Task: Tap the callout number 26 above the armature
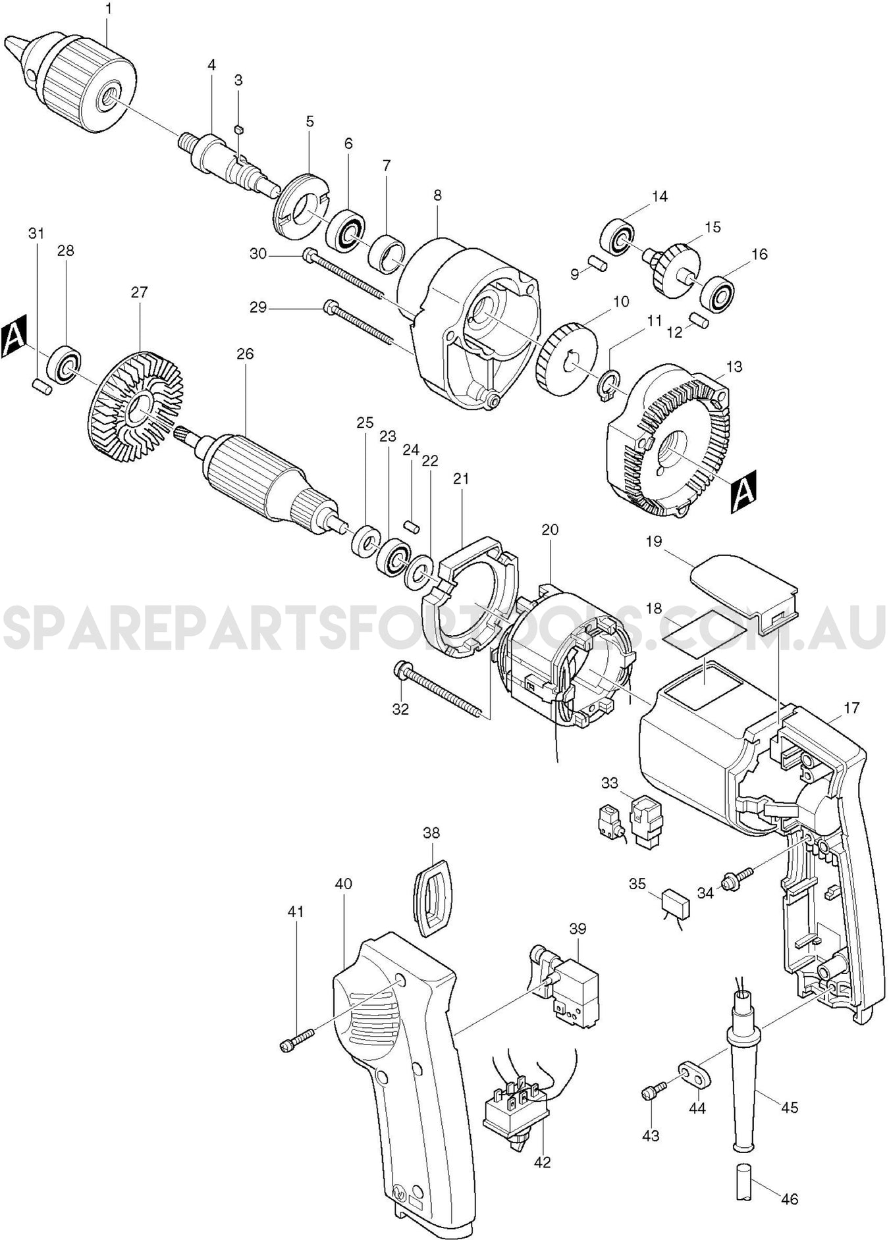coord(245,354)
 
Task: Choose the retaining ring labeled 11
coord(610,384)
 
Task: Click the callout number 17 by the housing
coord(851,708)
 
